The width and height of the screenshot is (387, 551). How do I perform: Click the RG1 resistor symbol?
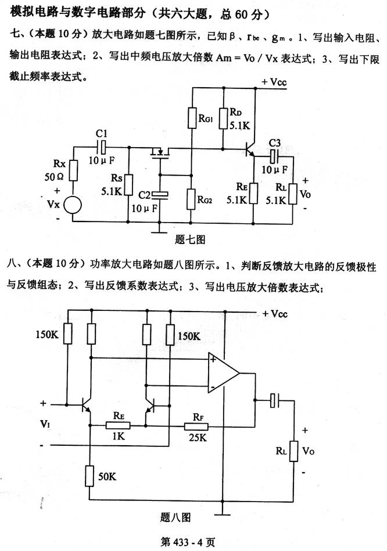pyautogui.click(x=192, y=119)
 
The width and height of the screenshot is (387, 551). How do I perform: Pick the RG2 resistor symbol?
pyautogui.click(x=191, y=198)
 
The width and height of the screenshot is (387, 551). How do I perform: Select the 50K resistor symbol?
pyautogui.click(x=90, y=475)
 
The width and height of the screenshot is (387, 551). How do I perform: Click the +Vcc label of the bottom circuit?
pyautogui.click(x=274, y=313)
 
